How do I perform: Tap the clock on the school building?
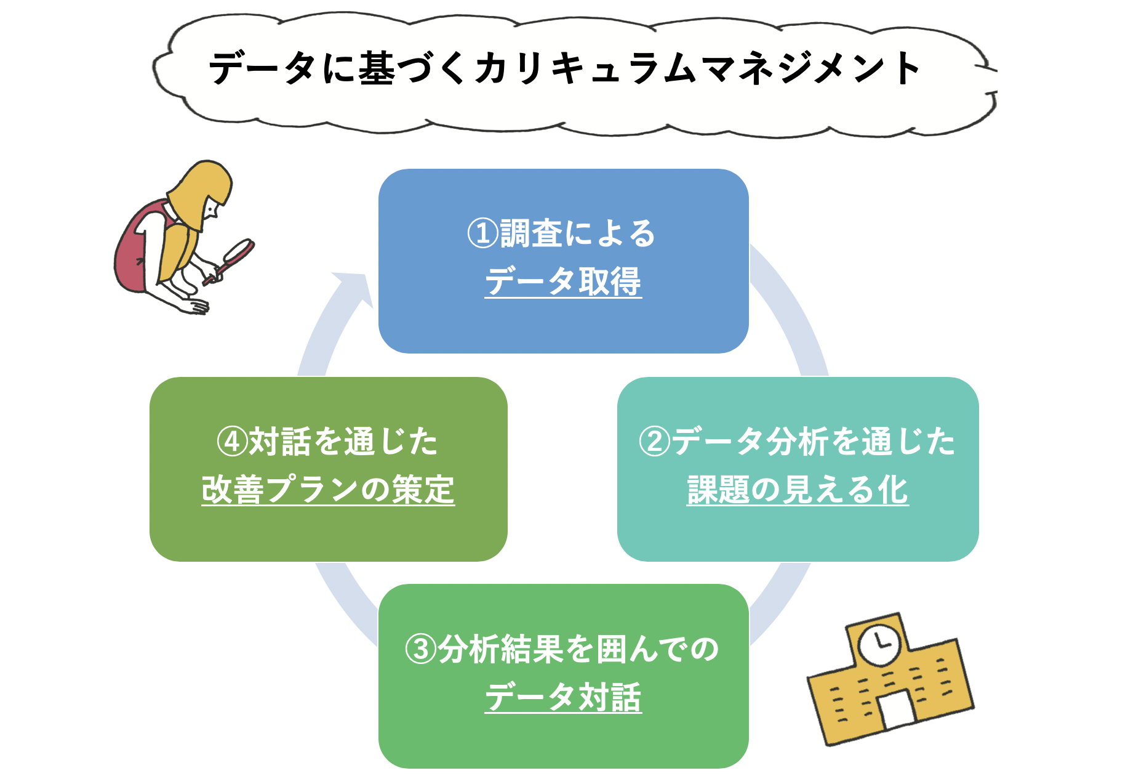click(879, 644)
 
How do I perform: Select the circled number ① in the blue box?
click(483, 233)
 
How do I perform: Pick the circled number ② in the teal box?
click(655, 442)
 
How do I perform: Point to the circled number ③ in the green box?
click(421, 649)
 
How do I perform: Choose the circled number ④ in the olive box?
click(233, 442)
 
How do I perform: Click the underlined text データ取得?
click(563, 281)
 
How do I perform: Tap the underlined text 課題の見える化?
click(798, 490)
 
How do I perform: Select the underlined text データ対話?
click(563, 697)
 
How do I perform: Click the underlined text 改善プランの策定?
click(328, 490)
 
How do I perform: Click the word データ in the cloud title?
click(262, 68)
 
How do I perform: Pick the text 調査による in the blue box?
click(578, 233)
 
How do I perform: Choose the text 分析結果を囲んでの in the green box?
click(578, 649)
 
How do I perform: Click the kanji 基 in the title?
click(376, 68)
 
